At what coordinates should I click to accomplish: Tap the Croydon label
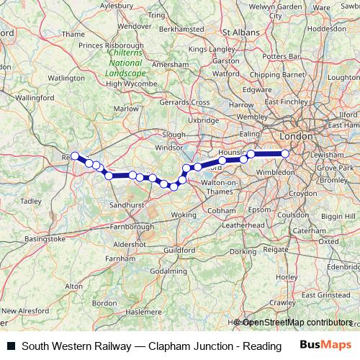click(x=303, y=193)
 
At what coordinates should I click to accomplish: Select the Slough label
click(x=174, y=135)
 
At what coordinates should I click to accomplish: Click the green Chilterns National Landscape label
click(x=123, y=63)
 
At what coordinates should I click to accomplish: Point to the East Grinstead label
click(x=325, y=295)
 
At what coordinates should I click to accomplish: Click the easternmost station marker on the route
click(x=285, y=153)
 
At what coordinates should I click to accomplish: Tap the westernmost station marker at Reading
click(x=74, y=156)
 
